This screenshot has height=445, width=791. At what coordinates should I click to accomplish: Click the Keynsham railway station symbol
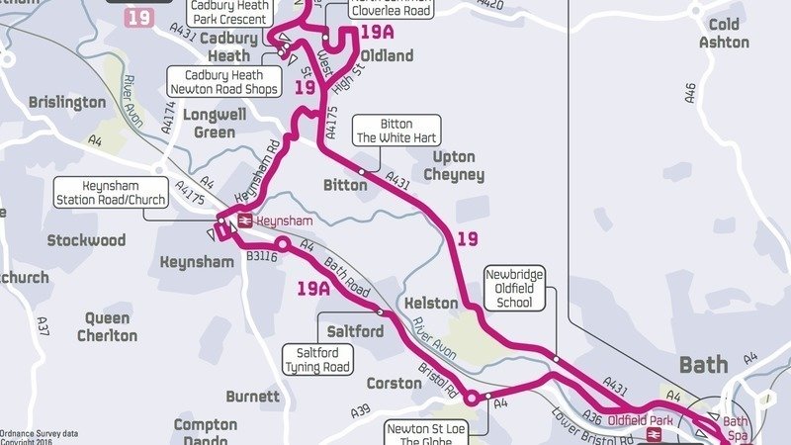[x=243, y=222]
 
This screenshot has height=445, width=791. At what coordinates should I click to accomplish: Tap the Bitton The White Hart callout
[x=395, y=131]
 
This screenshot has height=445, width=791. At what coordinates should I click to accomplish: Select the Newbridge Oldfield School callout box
[x=515, y=287]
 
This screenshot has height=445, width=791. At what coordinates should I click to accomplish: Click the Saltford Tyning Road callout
[x=317, y=359]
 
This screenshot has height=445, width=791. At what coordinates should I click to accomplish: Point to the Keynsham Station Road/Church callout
[x=110, y=193]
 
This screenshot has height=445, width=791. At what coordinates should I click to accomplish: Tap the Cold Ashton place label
[x=724, y=34]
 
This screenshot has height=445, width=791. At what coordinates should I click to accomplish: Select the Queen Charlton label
[x=107, y=327]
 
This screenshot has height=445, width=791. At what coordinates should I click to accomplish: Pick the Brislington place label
[x=66, y=102]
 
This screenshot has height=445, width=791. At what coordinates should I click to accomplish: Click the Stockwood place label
[x=86, y=240]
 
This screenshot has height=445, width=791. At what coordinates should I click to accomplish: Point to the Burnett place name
[x=252, y=397]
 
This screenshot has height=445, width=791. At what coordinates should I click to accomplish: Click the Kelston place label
[x=432, y=304]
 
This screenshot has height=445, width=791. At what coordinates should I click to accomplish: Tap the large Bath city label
[x=704, y=364]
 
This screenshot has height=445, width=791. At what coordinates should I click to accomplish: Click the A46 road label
[x=690, y=93]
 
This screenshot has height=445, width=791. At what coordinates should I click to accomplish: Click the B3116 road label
[x=260, y=257]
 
